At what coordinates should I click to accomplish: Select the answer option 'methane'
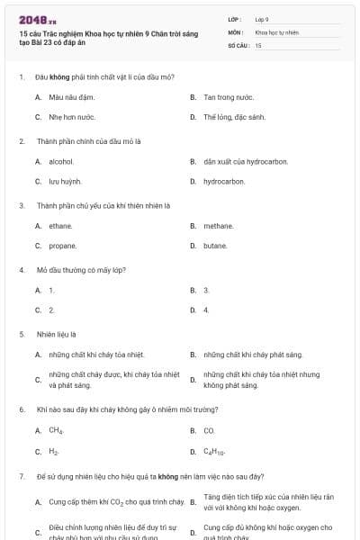tap(219, 225)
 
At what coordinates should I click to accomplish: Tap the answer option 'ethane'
tap(60, 225)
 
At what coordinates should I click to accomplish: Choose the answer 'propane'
tap(62, 245)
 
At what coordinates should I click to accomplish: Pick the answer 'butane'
tap(215, 245)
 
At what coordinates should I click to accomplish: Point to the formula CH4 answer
tap(56, 430)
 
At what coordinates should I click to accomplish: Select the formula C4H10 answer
tap(214, 451)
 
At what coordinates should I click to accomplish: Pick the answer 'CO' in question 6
tap(209, 430)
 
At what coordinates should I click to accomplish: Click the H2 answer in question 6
tap(54, 451)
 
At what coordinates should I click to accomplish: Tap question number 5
tap(21, 333)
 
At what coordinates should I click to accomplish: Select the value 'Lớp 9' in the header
tap(262, 18)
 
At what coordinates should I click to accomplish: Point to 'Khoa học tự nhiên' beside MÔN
tap(276, 31)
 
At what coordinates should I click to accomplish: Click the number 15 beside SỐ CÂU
tap(258, 44)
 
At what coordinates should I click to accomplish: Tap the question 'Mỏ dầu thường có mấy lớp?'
tap(80, 269)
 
